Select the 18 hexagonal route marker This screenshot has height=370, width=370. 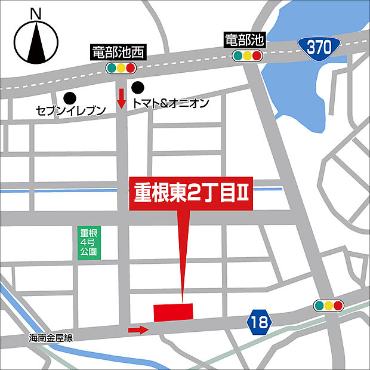coord(260,322)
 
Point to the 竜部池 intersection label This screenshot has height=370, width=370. coord(244,41)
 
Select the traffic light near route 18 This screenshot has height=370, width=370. coord(329,306)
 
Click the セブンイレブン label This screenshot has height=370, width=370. coord(70,110)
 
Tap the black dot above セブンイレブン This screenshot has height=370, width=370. coord(70,96)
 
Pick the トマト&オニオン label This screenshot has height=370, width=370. coord(171,104)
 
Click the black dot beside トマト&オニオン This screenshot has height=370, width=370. coord(138,87)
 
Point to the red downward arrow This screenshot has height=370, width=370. coord(121,98)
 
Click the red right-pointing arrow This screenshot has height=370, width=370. coord(138,329)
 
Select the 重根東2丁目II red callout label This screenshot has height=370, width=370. coord(192,195)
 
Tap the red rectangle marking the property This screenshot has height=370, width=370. coord(173,312)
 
